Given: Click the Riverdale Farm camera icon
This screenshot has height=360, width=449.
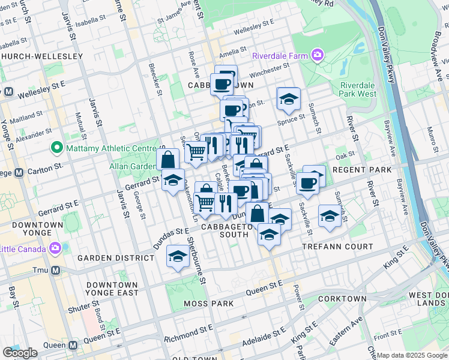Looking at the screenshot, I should (318, 56).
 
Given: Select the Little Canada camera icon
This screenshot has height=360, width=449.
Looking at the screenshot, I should (55, 248).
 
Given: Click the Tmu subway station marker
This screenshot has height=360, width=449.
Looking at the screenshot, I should (55, 271).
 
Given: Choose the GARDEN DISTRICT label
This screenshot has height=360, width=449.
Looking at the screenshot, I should (116, 258).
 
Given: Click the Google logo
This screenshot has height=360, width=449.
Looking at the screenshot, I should (20, 353).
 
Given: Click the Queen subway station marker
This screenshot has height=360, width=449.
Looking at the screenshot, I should (73, 346).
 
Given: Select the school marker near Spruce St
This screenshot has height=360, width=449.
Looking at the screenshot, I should (288, 99).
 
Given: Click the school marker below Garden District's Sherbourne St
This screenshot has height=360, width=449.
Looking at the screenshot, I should (178, 256).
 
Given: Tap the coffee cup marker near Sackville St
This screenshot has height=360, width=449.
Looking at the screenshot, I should (308, 183).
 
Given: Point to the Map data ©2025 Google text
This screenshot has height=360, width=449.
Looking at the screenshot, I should (412, 356).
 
